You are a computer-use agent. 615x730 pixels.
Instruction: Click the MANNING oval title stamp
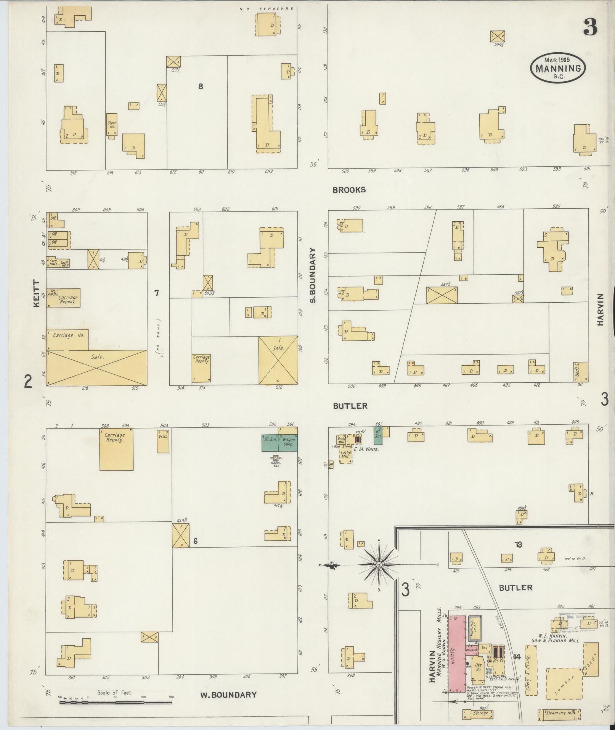[558, 67]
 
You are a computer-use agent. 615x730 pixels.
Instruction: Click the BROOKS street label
[349, 190]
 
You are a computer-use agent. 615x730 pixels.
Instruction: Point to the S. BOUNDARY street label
[313, 275]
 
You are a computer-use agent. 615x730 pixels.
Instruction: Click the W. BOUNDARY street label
[228, 695]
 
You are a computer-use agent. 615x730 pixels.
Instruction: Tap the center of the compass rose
[379, 564]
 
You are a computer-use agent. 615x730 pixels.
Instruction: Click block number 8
[201, 87]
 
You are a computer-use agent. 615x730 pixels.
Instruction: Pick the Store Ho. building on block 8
[111, 124]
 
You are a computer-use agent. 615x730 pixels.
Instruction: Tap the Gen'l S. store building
[581, 371]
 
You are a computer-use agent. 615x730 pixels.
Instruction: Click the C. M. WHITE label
[366, 450]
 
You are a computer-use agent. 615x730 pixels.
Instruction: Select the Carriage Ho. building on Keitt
[67, 339]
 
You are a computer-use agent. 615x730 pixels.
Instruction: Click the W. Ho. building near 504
[163, 441]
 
